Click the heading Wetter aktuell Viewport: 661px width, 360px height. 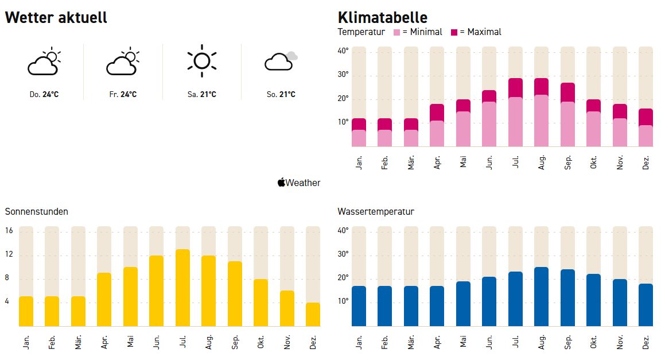pyautogui.click(x=56, y=17)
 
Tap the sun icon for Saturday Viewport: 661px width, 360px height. pyautogui.click(x=201, y=60)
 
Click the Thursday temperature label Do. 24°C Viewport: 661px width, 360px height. pyautogui.click(x=44, y=94)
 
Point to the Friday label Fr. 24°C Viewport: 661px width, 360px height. pyautogui.click(x=123, y=94)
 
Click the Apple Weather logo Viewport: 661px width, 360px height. pyautogui.click(x=299, y=183)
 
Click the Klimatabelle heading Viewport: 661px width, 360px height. pyautogui.click(x=383, y=17)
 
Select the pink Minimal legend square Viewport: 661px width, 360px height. pyautogui.click(x=396, y=32)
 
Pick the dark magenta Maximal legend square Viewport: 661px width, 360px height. pyautogui.click(x=455, y=32)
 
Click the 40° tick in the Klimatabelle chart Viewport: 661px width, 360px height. pyautogui.click(x=343, y=51)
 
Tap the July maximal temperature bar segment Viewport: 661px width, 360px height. pyautogui.click(x=515, y=88)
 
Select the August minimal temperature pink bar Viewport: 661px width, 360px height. pyautogui.click(x=542, y=121)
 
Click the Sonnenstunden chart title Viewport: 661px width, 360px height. pyautogui.click(x=37, y=211)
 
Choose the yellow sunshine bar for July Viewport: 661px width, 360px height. pyautogui.click(x=183, y=287)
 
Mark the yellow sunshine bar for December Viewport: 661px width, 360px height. pyautogui.click(x=313, y=314)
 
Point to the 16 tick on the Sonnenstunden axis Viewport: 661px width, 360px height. pyautogui.click(x=9, y=231)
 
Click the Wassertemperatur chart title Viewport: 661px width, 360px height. pyautogui.click(x=376, y=211)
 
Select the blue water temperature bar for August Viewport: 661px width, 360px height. pyautogui.click(x=542, y=296)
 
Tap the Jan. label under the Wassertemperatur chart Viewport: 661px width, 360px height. pyautogui.click(x=359, y=342)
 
